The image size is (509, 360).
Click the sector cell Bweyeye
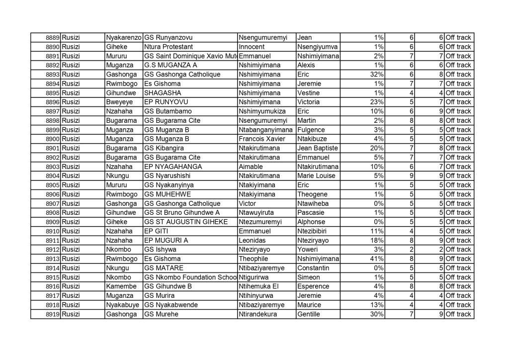coord(118,102)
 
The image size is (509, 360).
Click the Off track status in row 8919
coord(458,314)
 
